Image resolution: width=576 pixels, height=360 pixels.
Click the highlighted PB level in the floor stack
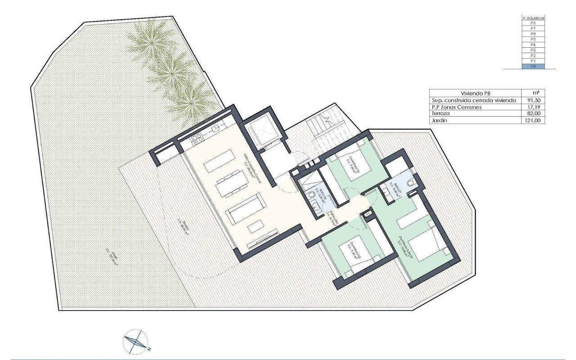click(533, 67)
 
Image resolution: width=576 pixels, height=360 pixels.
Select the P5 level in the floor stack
click(533, 39)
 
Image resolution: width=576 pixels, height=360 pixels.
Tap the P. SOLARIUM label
click(533, 18)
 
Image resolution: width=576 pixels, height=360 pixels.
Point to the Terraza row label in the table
click(441, 114)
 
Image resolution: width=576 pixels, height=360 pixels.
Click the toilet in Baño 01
click(409, 184)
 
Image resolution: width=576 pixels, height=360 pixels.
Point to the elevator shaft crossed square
click(264, 128)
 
